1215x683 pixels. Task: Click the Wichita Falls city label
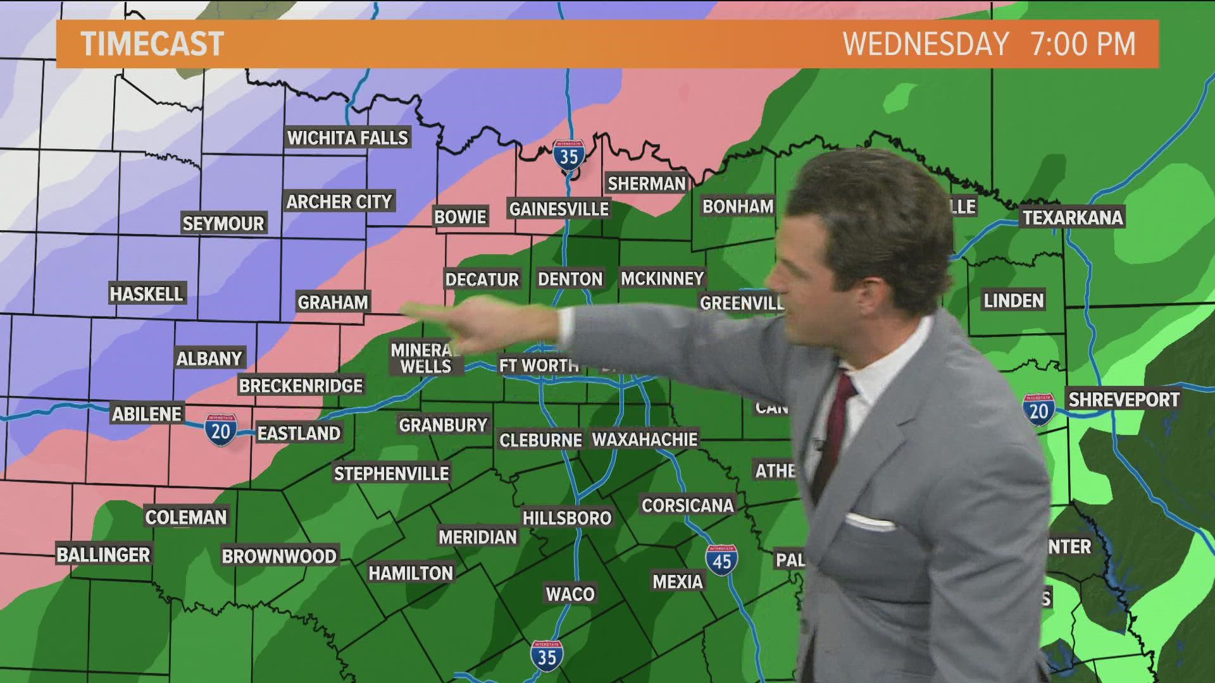pos(347,137)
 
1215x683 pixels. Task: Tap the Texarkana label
pos(1073,218)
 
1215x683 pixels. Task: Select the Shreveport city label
pos(1124,400)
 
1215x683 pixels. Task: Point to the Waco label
pos(570,594)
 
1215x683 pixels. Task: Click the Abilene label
pos(147,414)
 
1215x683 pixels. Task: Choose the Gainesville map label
pos(559,209)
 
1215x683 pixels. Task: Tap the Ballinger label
pos(104,555)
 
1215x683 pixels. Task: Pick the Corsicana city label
pos(687,505)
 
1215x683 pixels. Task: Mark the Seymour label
pos(223,223)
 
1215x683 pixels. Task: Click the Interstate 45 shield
pos(721,560)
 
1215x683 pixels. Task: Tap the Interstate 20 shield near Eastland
pos(220,430)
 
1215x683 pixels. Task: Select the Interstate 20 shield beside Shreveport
pos(1038,409)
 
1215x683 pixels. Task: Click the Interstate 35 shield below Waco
pos(547,656)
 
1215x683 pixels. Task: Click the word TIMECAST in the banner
pos(153,44)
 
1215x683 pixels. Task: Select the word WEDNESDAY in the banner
pos(926,44)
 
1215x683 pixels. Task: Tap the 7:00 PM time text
pos(1083,44)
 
